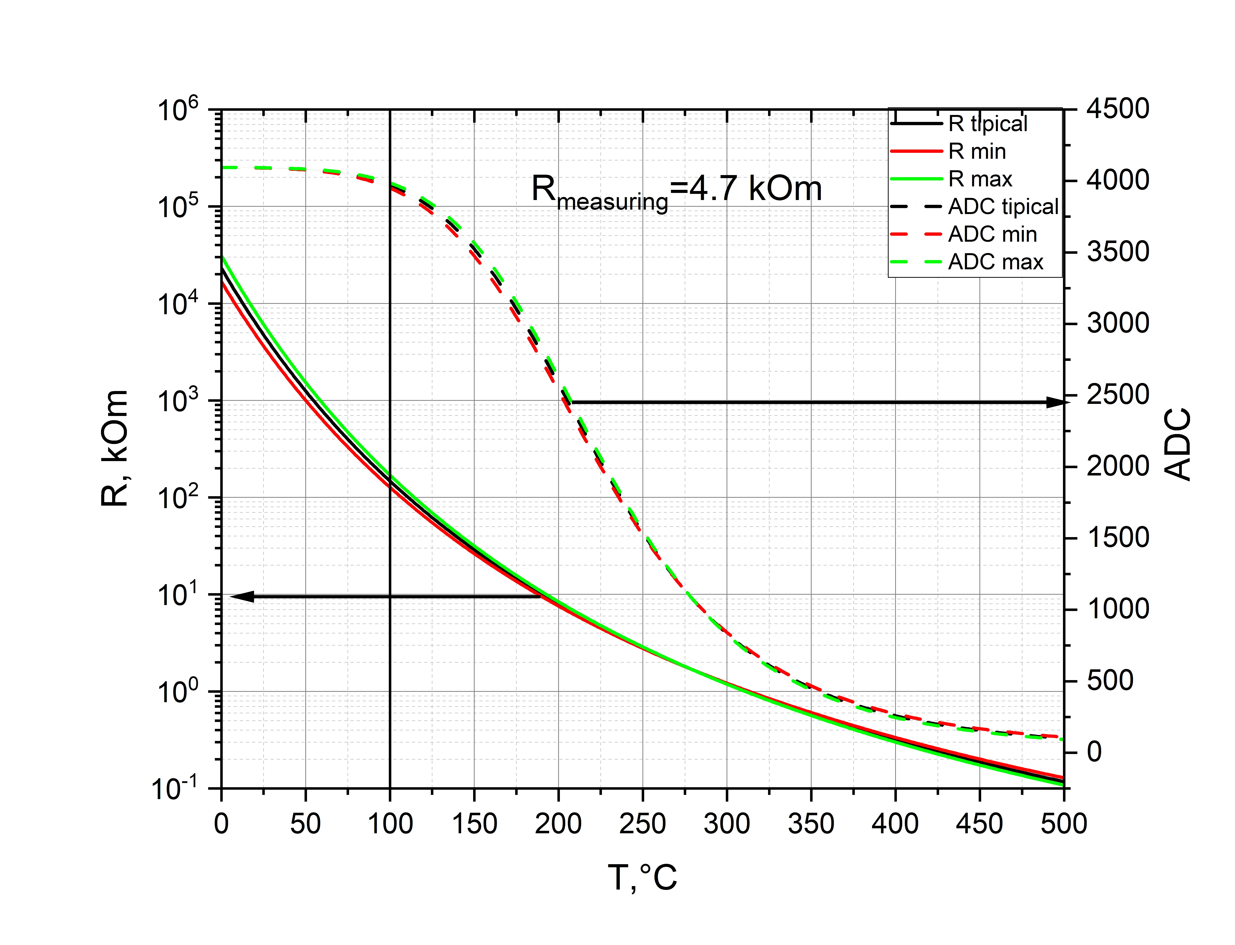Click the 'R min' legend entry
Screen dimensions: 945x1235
pos(976,151)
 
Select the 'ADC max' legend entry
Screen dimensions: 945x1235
pos(995,262)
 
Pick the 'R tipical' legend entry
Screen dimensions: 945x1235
pos(988,124)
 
